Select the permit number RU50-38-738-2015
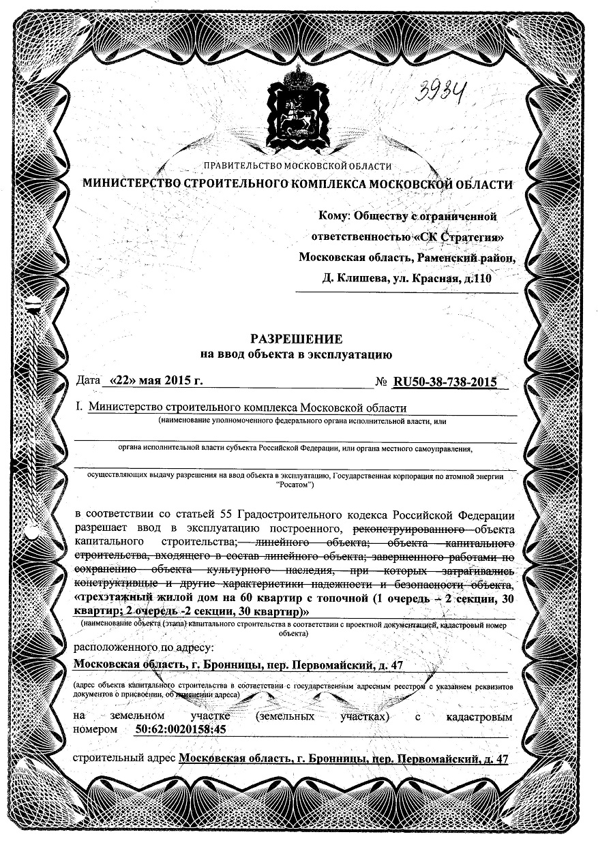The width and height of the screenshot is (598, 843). pyautogui.click(x=444, y=382)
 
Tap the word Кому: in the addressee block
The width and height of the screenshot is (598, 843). pyautogui.click(x=335, y=216)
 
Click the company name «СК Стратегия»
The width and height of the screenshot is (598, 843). pyautogui.click(x=459, y=236)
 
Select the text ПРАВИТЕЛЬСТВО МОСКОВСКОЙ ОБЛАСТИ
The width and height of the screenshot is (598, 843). pyautogui.click(x=297, y=166)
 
